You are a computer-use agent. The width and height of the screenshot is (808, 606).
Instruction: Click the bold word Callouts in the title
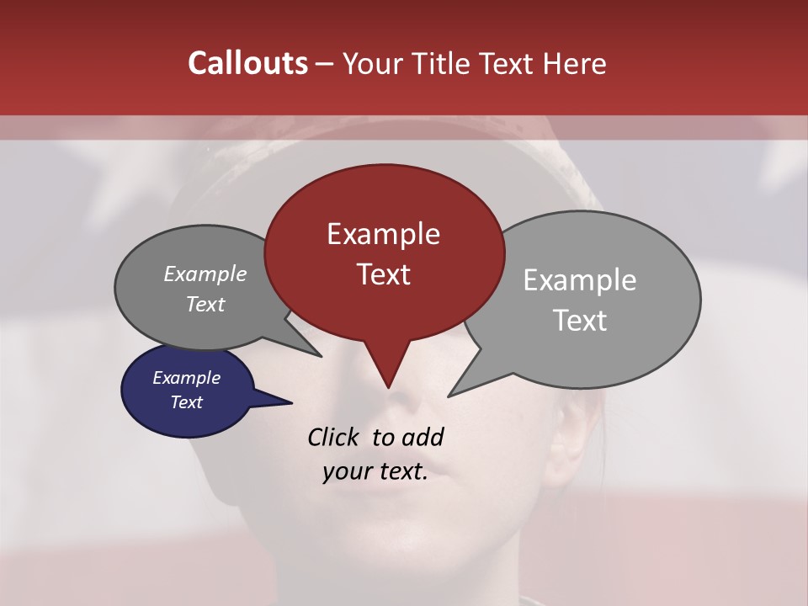tap(247, 63)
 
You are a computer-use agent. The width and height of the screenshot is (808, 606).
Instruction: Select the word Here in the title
tap(575, 63)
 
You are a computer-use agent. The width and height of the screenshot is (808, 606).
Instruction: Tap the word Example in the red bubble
tap(383, 234)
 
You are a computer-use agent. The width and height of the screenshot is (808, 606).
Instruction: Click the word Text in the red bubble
tap(383, 274)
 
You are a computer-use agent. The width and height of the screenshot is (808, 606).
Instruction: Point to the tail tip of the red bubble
tap(388, 386)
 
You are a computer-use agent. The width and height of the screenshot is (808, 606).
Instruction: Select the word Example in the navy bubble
tap(186, 378)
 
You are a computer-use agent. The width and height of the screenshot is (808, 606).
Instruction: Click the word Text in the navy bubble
tap(186, 402)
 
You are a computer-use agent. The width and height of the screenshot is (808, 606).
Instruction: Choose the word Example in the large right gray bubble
tap(579, 280)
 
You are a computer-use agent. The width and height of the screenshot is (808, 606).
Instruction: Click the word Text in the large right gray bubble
tap(579, 321)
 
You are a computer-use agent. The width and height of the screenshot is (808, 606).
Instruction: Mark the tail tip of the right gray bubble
tap(450, 395)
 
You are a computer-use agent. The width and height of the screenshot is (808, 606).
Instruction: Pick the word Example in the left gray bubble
tap(205, 274)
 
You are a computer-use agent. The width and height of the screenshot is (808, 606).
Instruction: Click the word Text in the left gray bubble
tap(205, 304)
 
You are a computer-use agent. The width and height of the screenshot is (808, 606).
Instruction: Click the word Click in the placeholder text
tap(332, 437)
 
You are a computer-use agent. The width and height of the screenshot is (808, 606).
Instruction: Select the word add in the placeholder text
tap(422, 437)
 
